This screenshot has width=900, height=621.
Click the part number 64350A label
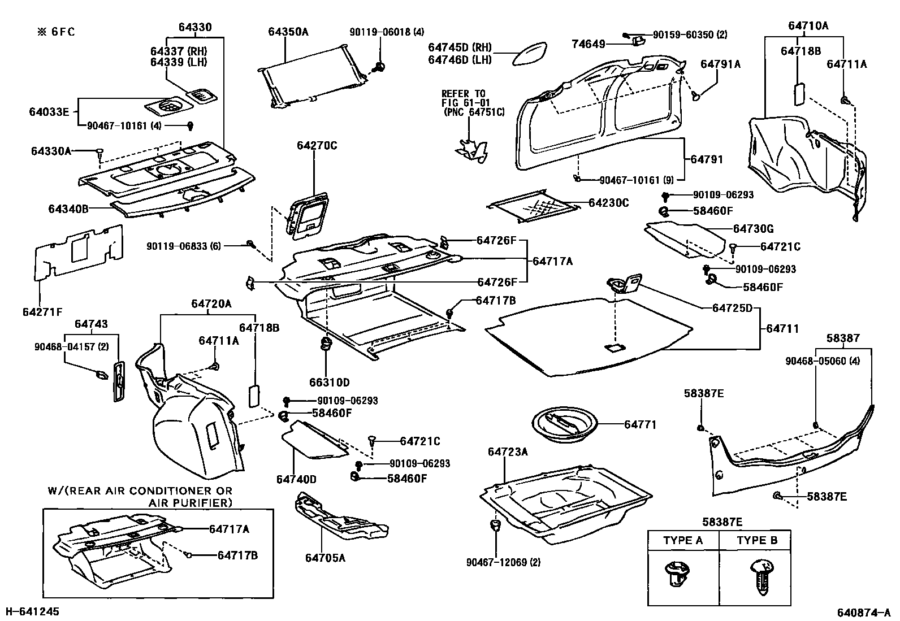pyautogui.click(x=288, y=32)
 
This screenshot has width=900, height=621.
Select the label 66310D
pyautogui.click(x=329, y=383)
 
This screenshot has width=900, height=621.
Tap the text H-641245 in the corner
pyautogui.click(x=32, y=611)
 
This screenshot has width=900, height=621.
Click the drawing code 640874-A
pyautogui.click(x=864, y=612)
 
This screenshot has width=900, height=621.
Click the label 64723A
pyautogui.click(x=508, y=451)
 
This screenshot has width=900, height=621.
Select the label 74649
pyautogui.click(x=589, y=44)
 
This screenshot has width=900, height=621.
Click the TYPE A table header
pyautogui.click(x=683, y=540)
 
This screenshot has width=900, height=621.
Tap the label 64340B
pyautogui.click(x=68, y=209)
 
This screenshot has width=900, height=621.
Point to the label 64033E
pyautogui.click(x=49, y=112)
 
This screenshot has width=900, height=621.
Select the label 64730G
pyautogui.click(x=753, y=229)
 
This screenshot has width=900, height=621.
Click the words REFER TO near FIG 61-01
pyautogui.click(x=463, y=93)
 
